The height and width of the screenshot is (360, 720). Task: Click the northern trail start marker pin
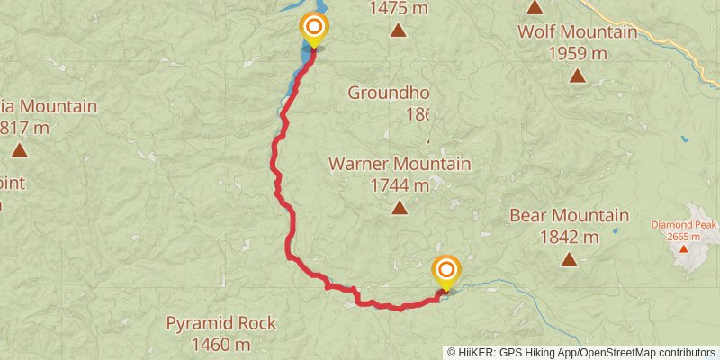point(314,29)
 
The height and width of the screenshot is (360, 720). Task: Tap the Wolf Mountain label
point(577,32)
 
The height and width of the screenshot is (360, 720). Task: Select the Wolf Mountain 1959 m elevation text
point(577,53)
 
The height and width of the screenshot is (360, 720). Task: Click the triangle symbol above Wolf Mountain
point(535,8)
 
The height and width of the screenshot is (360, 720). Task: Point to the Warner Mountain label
point(400,165)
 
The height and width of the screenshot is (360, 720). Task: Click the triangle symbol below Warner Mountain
point(399,208)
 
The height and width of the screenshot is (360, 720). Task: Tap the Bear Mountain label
point(569,216)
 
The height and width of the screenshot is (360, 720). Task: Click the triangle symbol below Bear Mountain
point(569,259)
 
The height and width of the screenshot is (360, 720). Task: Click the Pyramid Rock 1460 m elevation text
point(221,345)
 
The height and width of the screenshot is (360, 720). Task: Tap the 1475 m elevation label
point(399,9)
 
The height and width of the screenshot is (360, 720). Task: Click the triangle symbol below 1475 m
point(398,31)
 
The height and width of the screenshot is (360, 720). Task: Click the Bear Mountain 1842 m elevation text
point(569,238)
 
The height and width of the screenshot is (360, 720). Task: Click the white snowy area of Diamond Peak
point(691,256)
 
